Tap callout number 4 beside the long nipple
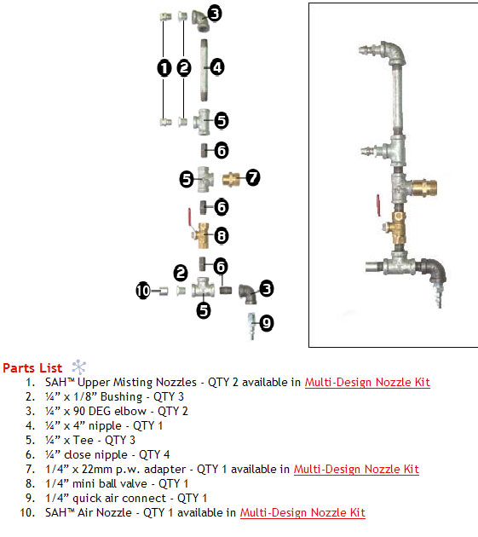217,66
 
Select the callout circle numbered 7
252,177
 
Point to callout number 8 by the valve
221,234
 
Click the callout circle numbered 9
266,323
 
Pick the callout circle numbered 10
143,291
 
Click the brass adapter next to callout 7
232,179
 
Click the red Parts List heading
32,368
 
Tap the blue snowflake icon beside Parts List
79,367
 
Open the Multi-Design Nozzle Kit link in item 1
367,382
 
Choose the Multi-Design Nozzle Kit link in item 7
356,469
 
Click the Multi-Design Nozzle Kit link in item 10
302,512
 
